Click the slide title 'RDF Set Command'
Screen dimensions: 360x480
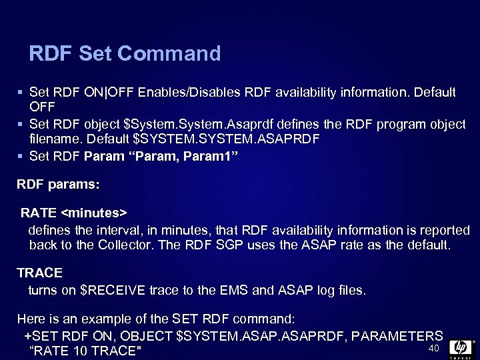click(125, 53)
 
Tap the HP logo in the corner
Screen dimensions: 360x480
click(461, 348)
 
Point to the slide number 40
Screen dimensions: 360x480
click(433, 349)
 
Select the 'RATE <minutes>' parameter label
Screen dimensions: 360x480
click(73, 213)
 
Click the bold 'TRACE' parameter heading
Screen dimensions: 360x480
click(40, 273)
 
